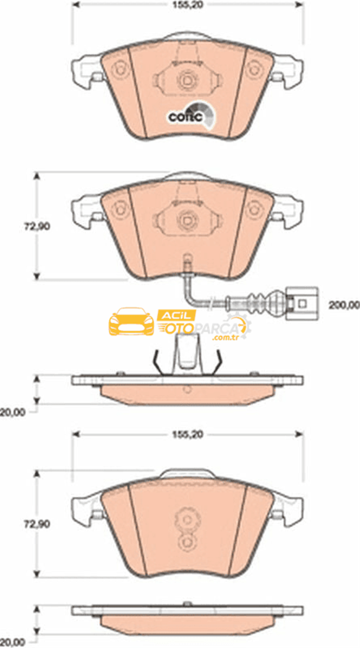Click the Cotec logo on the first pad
point(192,114)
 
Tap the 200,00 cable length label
point(344,305)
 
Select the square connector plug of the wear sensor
point(301,303)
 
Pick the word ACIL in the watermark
point(176,316)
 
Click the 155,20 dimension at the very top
point(187,5)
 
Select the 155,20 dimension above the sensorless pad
point(187,434)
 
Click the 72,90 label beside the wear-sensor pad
point(37,227)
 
